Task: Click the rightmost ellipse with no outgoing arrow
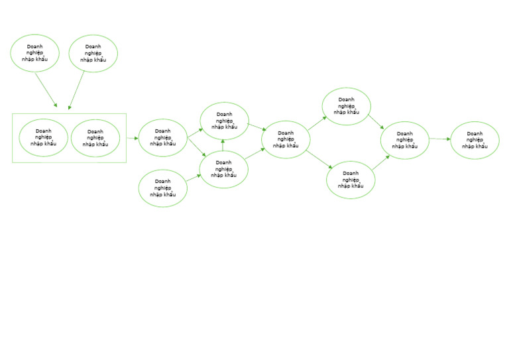click(x=475, y=141)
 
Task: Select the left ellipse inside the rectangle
click(x=44, y=138)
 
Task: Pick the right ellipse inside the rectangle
click(x=95, y=139)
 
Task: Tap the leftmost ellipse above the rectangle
click(x=34, y=53)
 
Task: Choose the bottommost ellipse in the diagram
click(x=162, y=188)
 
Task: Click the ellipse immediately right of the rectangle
click(x=162, y=138)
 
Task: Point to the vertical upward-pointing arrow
click(x=223, y=145)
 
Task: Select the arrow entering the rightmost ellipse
click(x=440, y=139)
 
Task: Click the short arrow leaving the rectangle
click(x=133, y=139)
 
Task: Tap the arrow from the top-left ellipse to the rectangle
click(x=46, y=90)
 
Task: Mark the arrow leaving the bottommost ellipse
click(x=194, y=178)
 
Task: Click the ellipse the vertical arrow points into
click(x=224, y=121)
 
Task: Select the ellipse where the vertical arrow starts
click(x=223, y=170)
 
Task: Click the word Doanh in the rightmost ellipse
click(x=475, y=133)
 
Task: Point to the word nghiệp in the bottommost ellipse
click(x=162, y=188)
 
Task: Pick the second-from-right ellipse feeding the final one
click(x=405, y=141)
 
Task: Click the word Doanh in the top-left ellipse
click(x=34, y=46)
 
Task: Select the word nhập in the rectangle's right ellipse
click(x=88, y=144)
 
